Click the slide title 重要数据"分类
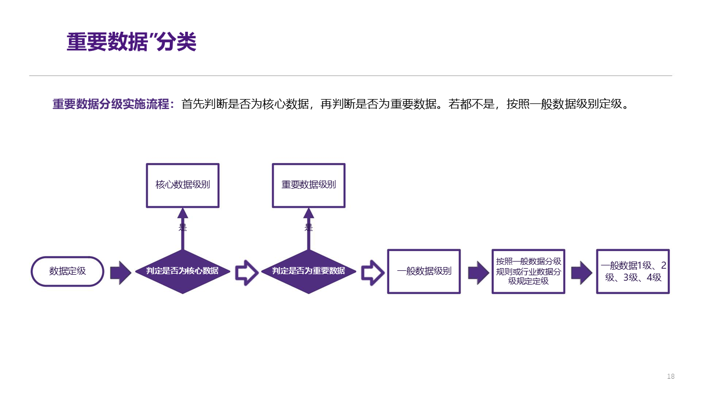[x=131, y=42]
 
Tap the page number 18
[x=671, y=376]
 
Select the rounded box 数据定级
[x=67, y=271]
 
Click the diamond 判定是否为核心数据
[x=182, y=271]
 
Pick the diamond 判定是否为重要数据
[x=308, y=271]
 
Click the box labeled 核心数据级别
[x=182, y=185]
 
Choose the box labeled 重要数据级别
[x=309, y=185]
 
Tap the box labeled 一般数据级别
[x=424, y=271]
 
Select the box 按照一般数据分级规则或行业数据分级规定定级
[x=528, y=271]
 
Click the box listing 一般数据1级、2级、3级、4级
[x=633, y=271]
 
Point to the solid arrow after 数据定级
[x=120, y=273]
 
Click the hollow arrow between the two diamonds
[x=246, y=273]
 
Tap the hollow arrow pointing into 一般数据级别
[x=372, y=273]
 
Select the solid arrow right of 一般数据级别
[x=478, y=273]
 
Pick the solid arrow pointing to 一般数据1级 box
[x=582, y=273]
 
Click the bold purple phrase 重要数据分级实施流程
[x=113, y=104]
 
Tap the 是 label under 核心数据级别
[x=182, y=228]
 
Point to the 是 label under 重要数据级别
[x=309, y=228]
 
